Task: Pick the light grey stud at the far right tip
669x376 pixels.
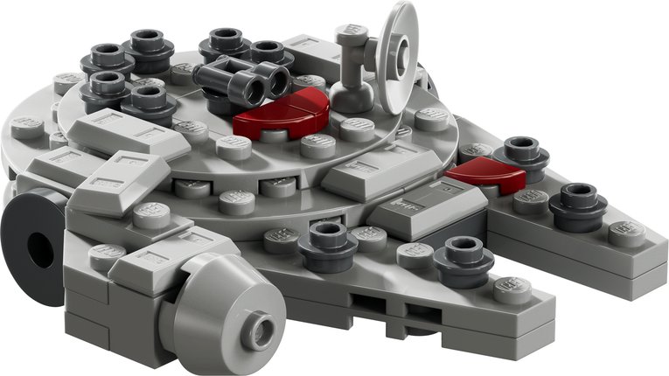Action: (628, 231)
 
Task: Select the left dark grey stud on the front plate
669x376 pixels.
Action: (327, 245)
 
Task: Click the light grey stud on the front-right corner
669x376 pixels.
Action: (512, 289)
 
